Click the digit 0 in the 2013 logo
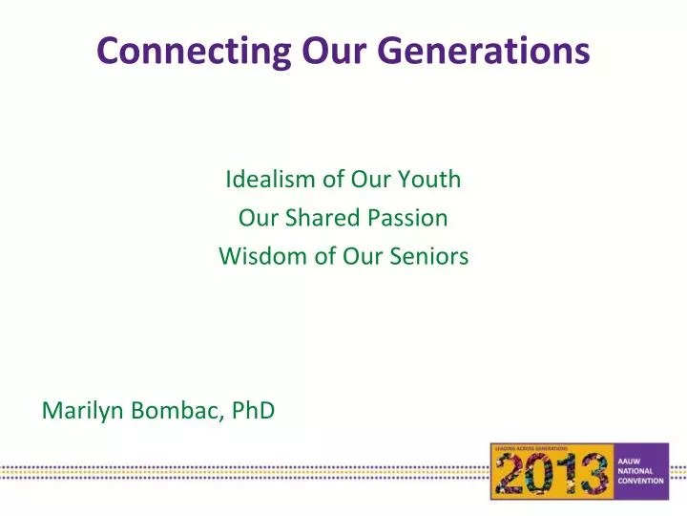click(x=543, y=475)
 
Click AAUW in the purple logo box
click(x=635, y=460)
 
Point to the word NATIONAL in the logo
click(x=639, y=470)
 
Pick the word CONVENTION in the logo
click(x=643, y=481)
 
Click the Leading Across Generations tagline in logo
click(x=531, y=447)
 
